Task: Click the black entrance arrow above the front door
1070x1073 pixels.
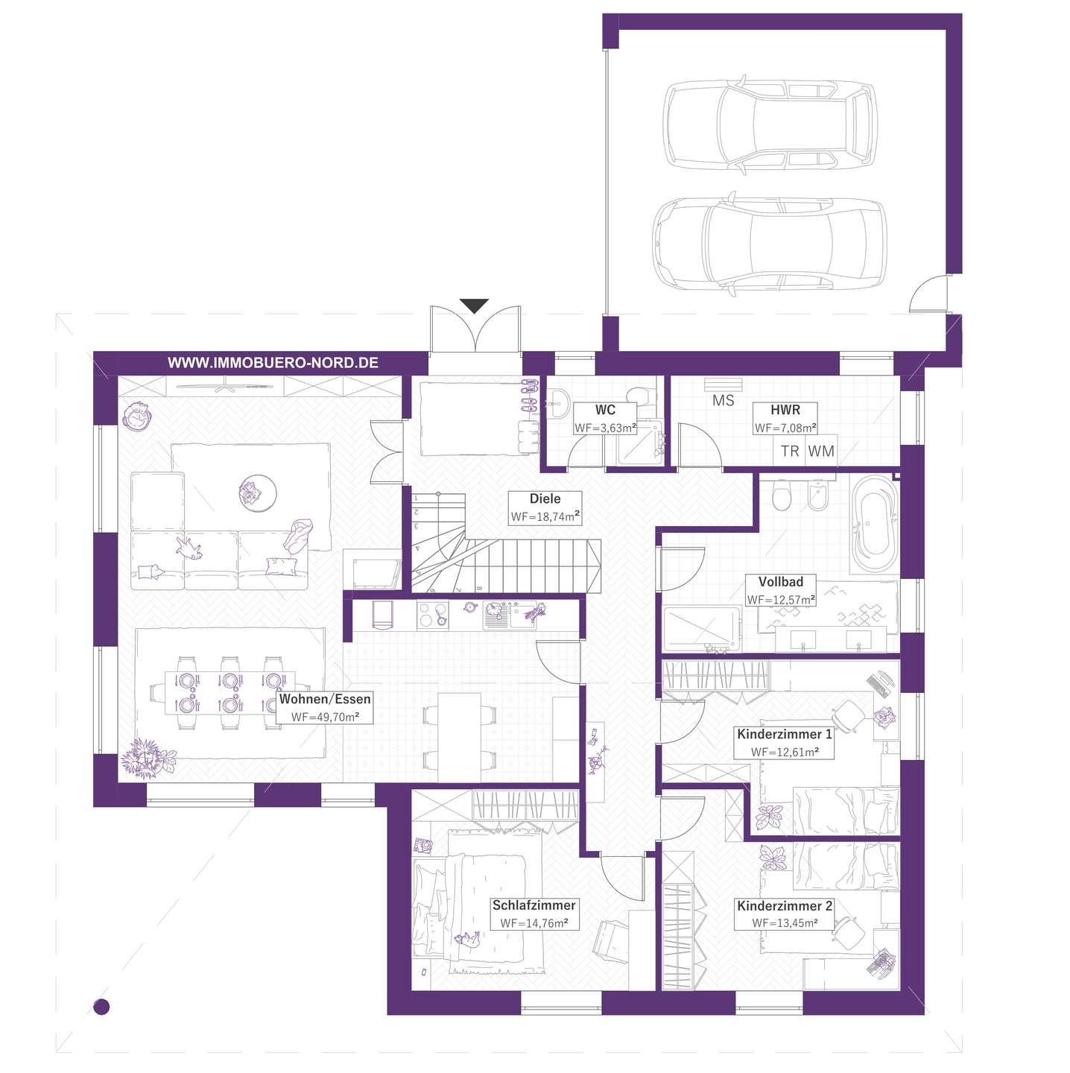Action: pyautogui.click(x=473, y=306)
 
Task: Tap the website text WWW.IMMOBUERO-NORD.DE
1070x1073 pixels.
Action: pyautogui.click(x=273, y=363)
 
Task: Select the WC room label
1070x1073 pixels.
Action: pyautogui.click(x=605, y=410)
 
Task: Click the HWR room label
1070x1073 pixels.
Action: pyautogui.click(x=785, y=410)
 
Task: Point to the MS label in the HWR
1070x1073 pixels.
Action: pyautogui.click(x=723, y=400)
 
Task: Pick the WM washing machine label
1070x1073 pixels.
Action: pyautogui.click(x=821, y=451)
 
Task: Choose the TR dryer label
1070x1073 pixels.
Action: pyautogui.click(x=790, y=451)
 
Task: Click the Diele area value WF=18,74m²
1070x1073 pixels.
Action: pyautogui.click(x=545, y=516)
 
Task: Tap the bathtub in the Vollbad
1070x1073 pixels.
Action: pyautogui.click(x=874, y=523)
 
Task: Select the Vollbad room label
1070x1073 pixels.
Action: pyautogui.click(x=780, y=582)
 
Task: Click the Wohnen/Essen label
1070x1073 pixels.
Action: pyautogui.click(x=325, y=699)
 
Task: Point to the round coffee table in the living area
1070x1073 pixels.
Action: pyautogui.click(x=258, y=493)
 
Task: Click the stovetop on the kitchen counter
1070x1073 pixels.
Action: pyautogui.click(x=432, y=615)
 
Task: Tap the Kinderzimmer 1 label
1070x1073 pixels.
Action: pyautogui.click(x=785, y=734)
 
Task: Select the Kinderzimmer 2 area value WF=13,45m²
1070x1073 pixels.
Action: pyautogui.click(x=785, y=922)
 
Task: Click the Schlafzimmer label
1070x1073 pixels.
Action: pyautogui.click(x=534, y=905)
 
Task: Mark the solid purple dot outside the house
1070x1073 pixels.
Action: pyautogui.click(x=101, y=1007)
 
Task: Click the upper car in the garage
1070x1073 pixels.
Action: pyautogui.click(x=769, y=124)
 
